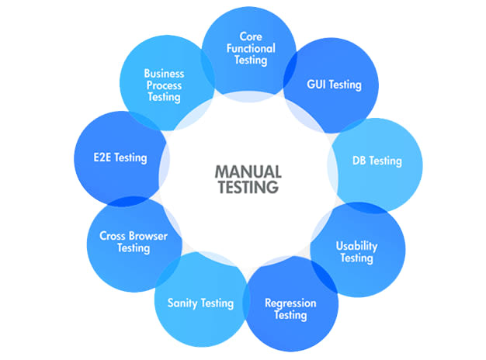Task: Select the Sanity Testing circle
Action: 200,303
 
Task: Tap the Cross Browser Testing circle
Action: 134,242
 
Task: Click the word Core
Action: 250,36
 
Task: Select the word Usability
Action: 356,246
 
